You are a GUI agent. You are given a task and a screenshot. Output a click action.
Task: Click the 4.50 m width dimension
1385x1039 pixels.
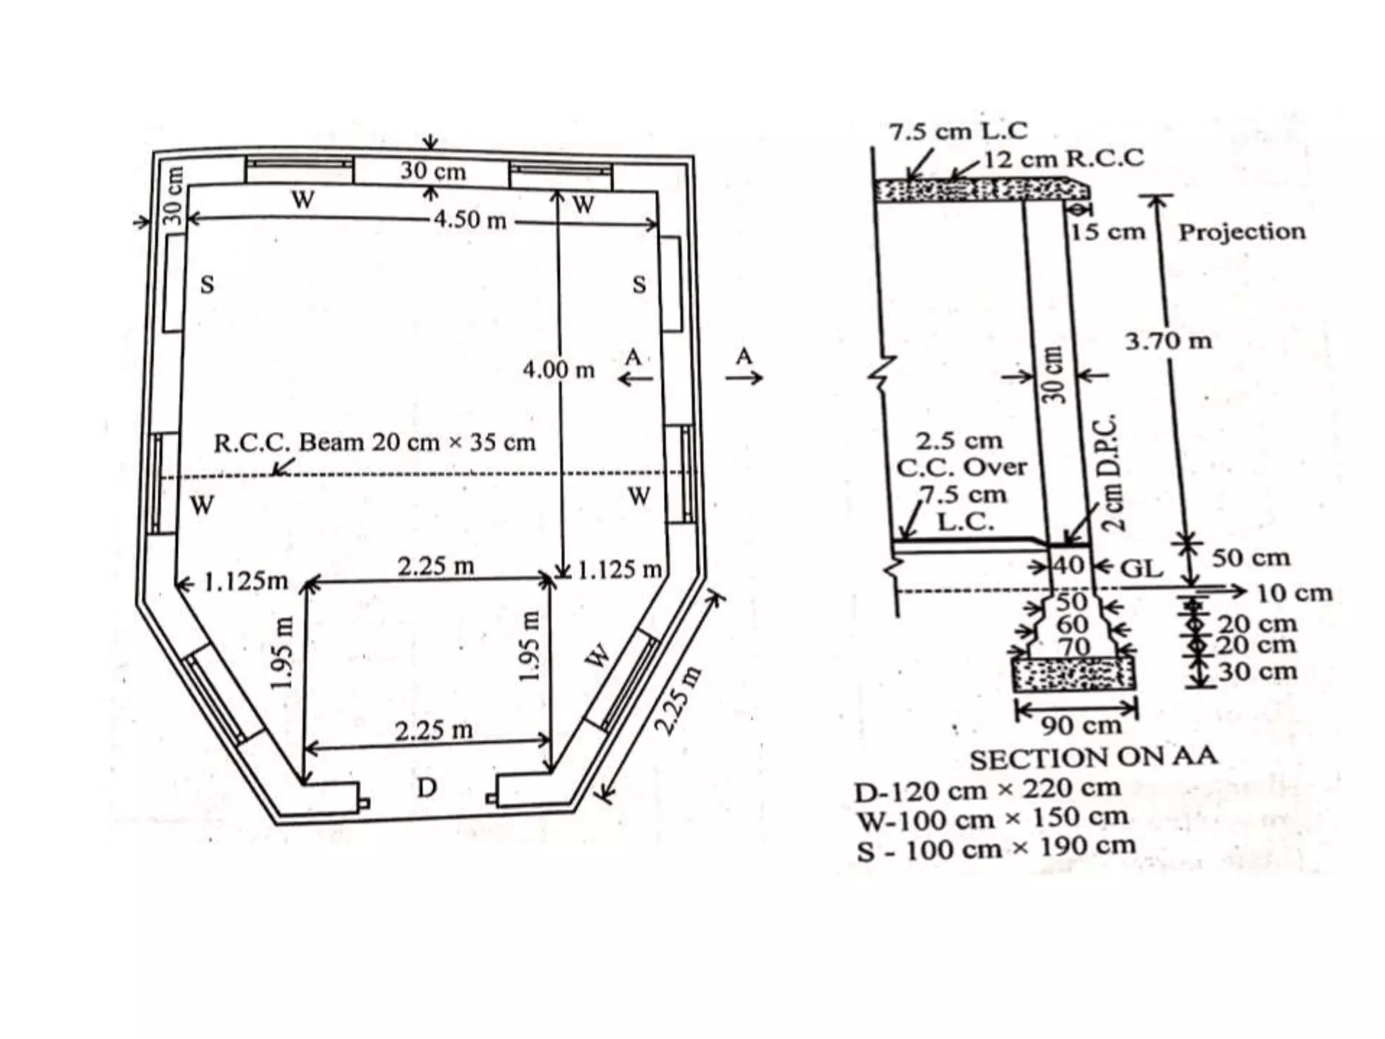pyautogui.click(x=470, y=220)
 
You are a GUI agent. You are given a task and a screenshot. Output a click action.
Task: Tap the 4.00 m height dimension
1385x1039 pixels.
pyautogui.click(x=559, y=370)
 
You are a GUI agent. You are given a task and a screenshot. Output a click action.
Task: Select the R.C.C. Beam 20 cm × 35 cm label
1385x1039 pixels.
pyautogui.click(x=375, y=443)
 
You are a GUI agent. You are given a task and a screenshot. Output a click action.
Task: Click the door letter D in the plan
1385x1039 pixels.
pyautogui.click(x=426, y=788)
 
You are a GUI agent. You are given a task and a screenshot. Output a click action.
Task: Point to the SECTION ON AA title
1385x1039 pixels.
pyautogui.click(x=1094, y=758)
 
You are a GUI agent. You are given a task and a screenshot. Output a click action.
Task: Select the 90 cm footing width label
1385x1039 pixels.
pyautogui.click(x=1081, y=726)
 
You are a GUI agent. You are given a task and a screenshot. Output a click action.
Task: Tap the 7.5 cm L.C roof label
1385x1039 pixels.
pyautogui.click(x=958, y=131)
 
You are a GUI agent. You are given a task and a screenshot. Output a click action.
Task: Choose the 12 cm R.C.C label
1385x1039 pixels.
pyautogui.click(x=1063, y=159)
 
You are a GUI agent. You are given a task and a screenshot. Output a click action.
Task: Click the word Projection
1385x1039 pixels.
pyautogui.click(x=1242, y=232)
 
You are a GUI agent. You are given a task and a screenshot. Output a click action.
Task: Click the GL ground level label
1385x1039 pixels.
pyautogui.click(x=1142, y=568)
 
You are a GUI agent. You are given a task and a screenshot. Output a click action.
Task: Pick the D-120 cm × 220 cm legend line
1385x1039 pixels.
pyautogui.click(x=987, y=789)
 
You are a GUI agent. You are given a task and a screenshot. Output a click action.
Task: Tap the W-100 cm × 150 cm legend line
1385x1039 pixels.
pyautogui.click(x=992, y=819)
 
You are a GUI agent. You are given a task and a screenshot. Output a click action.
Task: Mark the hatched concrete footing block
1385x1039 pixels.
pyautogui.click(x=1074, y=674)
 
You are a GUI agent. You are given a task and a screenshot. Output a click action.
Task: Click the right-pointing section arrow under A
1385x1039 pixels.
pyautogui.click(x=744, y=377)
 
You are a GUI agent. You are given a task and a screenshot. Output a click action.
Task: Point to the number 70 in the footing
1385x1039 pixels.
pyautogui.click(x=1074, y=647)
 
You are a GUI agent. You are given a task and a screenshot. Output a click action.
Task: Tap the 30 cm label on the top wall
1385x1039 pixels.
pyautogui.click(x=433, y=170)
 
